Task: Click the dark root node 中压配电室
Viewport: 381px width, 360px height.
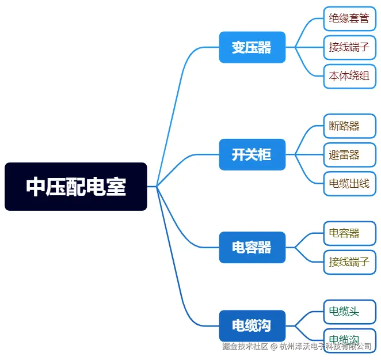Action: [x=75, y=187]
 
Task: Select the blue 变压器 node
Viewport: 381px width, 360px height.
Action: [x=252, y=47]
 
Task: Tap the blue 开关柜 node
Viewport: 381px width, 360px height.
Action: [x=252, y=154]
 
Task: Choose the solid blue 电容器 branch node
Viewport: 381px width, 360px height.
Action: [x=252, y=247]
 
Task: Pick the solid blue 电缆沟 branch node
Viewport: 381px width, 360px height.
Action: [x=252, y=325]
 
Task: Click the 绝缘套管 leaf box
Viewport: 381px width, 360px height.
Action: [x=349, y=18]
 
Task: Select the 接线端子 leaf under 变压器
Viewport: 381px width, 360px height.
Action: [x=349, y=47]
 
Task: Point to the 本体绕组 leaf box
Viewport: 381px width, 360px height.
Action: [x=349, y=75]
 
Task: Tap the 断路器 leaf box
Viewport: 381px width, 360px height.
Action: [x=349, y=126]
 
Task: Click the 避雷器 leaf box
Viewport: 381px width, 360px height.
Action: [x=349, y=154]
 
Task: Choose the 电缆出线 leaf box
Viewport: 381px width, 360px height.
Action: [x=349, y=184]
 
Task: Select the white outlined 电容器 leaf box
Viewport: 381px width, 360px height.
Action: [x=349, y=233]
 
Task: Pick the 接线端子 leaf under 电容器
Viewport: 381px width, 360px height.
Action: [x=349, y=262]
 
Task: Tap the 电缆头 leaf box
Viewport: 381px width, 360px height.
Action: [x=349, y=312]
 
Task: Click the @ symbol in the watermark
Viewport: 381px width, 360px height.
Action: [x=274, y=346]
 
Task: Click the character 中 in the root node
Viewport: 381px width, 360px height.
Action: [x=36, y=187]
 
